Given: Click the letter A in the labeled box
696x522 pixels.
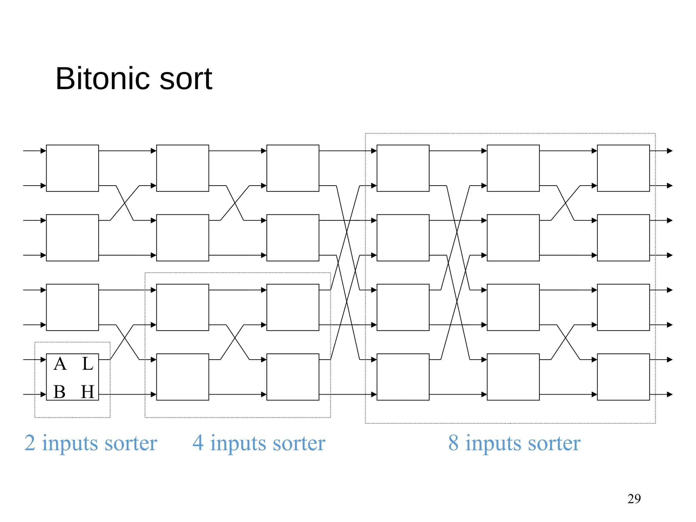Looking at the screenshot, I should click(x=60, y=364).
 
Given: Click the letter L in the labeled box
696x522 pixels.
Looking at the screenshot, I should click(x=87, y=364).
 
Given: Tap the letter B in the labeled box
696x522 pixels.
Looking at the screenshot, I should click(x=59, y=392).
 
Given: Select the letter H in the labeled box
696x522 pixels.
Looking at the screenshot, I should click(x=87, y=392).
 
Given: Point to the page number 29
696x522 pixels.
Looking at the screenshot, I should click(x=634, y=499).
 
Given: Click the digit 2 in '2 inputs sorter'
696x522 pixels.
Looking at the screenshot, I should click(x=30, y=443).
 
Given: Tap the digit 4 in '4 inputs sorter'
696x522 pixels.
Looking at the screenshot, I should click(x=198, y=443).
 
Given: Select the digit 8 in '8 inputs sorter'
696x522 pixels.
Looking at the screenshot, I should click(x=453, y=443).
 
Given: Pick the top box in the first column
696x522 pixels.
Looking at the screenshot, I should click(x=72, y=168).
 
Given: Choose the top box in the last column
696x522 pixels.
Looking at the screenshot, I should click(x=623, y=168).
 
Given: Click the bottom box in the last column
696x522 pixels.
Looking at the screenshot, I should click(x=623, y=377).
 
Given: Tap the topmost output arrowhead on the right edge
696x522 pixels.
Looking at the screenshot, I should click(x=670, y=151).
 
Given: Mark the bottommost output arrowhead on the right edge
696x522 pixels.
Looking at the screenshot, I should click(x=670, y=395).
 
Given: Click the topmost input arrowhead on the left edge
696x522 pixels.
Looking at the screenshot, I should click(x=43, y=151).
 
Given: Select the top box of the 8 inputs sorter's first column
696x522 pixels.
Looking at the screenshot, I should click(x=403, y=168).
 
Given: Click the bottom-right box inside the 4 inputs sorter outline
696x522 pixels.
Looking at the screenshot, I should click(x=293, y=377).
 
